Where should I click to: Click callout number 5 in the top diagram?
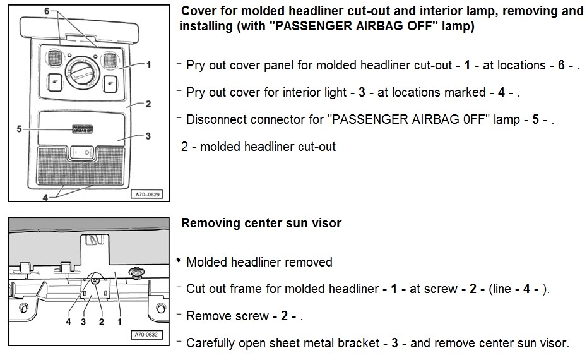(x=19, y=128)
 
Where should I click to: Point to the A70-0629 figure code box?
(x=146, y=195)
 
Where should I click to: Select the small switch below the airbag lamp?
(x=83, y=152)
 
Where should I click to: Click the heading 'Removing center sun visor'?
(x=261, y=223)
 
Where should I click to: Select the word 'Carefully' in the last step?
(x=213, y=343)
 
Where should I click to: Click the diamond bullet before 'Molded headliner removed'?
(x=179, y=261)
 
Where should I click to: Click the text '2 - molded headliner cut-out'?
(x=258, y=147)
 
